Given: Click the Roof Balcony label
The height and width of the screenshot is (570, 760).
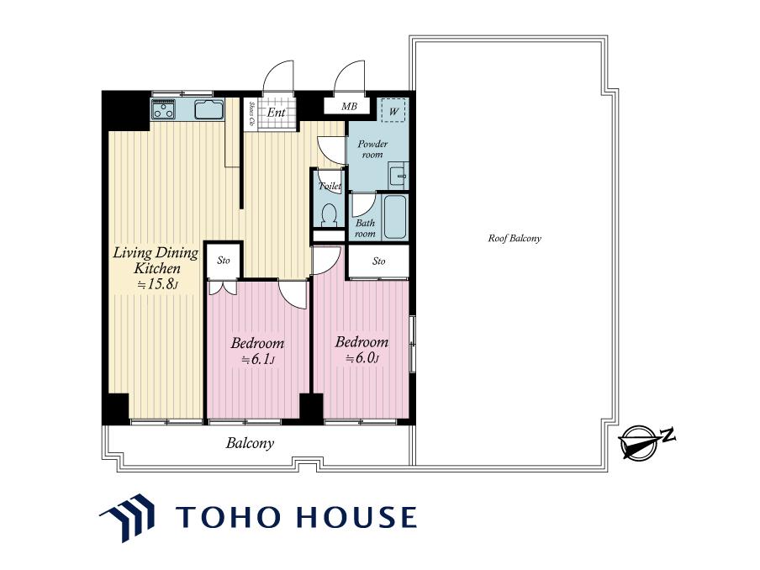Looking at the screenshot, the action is (515, 238).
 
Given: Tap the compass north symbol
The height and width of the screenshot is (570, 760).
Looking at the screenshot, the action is (641, 441).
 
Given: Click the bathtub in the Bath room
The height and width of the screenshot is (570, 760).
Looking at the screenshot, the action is (394, 217).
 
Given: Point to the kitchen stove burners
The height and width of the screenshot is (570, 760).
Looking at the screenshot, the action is (163, 109).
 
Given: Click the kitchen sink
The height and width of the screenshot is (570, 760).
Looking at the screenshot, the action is (209, 109).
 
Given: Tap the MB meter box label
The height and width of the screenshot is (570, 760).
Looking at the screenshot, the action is (349, 106).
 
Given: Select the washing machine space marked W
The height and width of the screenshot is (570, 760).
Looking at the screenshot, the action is (393, 111).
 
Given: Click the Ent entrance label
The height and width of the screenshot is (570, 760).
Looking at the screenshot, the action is (276, 113).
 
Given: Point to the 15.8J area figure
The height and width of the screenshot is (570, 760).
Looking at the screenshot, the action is (157, 284).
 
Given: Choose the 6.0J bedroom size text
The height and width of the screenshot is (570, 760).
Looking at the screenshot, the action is (362, 359).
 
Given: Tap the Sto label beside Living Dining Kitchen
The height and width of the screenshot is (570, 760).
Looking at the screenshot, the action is (224, 261).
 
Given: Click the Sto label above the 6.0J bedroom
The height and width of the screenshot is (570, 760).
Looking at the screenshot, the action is (379, 261).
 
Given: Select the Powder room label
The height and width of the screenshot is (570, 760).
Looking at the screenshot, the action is (372, 150).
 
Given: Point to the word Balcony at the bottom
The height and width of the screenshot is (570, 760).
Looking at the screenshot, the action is (250, 443).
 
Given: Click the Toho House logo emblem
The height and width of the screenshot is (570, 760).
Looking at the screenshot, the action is (127, 517).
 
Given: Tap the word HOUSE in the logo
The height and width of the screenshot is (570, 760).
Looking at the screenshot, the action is (356, 517).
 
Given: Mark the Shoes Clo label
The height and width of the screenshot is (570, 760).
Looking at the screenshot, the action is (252, 113).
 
